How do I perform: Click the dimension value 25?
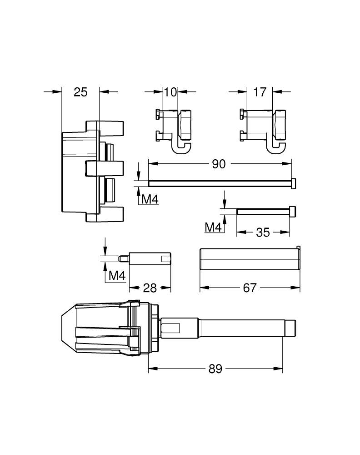coord(80,92)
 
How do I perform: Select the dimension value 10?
coord(170,92)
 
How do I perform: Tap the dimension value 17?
coord(260,92)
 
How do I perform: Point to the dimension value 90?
coord(219,164)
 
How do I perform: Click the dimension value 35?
coord(263,233)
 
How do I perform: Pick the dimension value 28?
coord(150,288)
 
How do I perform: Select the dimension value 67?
coord(250,288)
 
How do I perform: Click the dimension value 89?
coord(215,369)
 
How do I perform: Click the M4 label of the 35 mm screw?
coord(214,227)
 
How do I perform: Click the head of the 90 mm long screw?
coord(294,183)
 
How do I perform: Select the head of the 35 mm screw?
coord(293,211)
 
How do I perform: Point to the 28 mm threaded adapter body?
coord(150,258)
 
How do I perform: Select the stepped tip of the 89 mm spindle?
coord(290,329)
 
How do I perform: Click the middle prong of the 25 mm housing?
coord(105,168)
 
